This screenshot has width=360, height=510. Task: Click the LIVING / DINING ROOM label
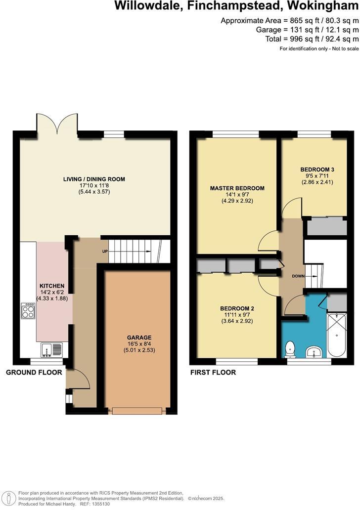94,179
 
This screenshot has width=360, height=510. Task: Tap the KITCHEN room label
52,286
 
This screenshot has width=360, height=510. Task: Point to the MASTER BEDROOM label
237,188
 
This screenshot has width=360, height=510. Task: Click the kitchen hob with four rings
28,311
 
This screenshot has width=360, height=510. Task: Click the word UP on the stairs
105,251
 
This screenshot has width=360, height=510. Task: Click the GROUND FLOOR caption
34,372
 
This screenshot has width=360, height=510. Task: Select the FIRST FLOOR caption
213,372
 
